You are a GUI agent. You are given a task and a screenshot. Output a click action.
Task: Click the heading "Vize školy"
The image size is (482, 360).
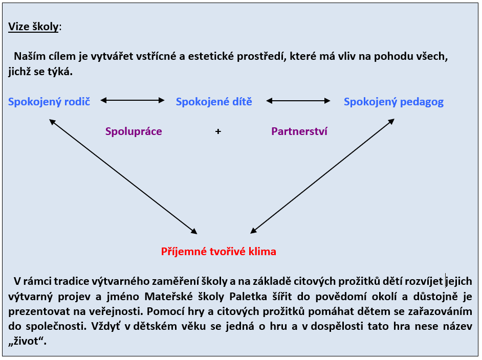(33, 27)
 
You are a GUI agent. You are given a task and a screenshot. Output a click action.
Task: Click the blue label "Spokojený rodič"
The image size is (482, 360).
(49, 102)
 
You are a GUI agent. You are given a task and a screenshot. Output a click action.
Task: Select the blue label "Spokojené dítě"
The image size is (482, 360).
(214, 102)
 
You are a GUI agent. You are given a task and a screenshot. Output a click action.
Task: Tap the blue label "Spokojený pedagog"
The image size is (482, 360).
(394, 102)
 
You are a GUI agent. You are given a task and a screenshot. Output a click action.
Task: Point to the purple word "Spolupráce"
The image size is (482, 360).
(134, 131)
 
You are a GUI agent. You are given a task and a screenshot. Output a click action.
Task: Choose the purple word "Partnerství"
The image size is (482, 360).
(299, 131)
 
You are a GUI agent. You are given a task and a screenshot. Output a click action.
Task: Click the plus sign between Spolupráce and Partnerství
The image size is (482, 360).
(218, 132)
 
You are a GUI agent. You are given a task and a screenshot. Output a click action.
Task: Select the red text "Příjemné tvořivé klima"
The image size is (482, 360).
(218, 252)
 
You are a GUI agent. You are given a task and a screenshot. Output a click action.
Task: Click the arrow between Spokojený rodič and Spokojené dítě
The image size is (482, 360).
(133, 100)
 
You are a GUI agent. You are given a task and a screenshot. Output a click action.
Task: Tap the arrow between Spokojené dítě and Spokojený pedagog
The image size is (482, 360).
(298, 101)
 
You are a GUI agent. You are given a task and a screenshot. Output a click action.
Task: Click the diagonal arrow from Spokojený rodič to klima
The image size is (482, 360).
(123, 176)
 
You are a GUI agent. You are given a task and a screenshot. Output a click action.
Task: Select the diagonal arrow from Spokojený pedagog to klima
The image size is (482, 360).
(322, 176)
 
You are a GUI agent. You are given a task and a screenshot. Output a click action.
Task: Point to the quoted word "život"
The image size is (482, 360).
(27, 341)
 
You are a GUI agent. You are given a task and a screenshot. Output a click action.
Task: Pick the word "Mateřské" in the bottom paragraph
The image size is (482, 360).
(167, 297)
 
